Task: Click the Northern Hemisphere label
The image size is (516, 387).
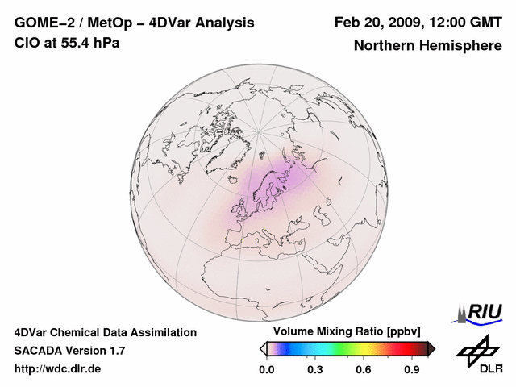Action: tap(427, 45)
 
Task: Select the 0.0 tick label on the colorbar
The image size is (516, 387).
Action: tap(266, 370)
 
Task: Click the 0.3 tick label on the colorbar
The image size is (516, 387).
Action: tap(315, 370)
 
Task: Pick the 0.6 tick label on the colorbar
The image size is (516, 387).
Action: tap(364, 370)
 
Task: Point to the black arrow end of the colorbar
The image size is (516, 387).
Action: tap(431, 348)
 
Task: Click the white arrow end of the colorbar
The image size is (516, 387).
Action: tap(263, 348)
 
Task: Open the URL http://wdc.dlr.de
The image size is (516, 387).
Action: tap(58, 370)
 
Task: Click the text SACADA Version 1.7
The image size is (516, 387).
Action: tap(69, 351)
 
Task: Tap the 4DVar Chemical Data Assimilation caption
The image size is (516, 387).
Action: tap(105, 331)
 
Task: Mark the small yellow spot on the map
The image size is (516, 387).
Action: tap(257, 239)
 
